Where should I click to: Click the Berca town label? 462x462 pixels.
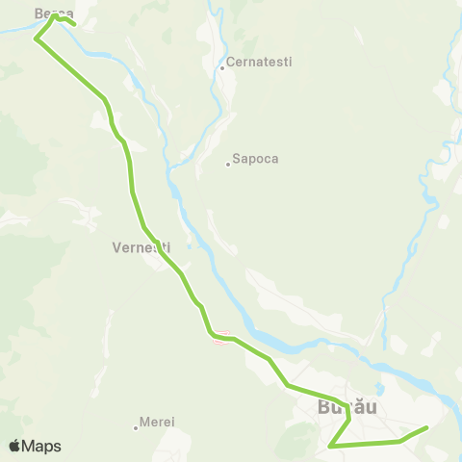pos(54,13)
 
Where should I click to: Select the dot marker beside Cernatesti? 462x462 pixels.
pos(221,67)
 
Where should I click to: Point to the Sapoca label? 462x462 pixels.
pos(255,159)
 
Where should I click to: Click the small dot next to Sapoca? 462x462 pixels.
pos(227,164)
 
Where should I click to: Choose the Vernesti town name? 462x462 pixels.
pos(141,245)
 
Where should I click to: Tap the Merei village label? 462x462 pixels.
pos(156,422)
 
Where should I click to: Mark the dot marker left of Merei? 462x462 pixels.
pos(136,427)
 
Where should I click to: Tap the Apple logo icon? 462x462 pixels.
pos(15,446)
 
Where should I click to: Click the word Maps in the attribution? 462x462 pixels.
pos(42,446)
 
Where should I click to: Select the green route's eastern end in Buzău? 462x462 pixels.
pos(426,426)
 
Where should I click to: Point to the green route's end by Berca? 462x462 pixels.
pos(74,24)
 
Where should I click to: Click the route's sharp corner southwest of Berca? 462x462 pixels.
pos(36,39)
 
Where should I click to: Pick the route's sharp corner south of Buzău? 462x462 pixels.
pos(330,447)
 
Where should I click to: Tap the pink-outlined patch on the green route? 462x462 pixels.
pos(221,337)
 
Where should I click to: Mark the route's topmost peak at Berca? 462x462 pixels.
pos(55,15)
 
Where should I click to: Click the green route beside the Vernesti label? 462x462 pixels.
pos(154,244)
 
